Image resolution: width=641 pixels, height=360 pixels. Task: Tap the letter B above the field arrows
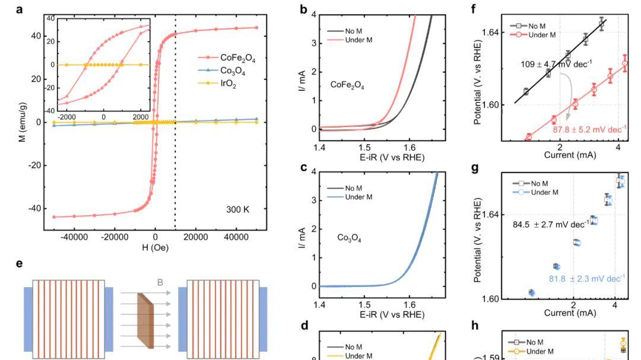159,283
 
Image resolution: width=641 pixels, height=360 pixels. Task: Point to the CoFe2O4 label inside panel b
347,86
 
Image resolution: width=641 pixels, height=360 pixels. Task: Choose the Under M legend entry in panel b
359,40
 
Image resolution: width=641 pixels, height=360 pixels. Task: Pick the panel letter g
474,168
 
